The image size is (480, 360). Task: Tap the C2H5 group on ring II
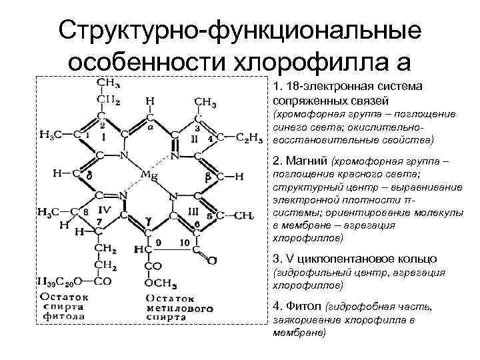[250, 138]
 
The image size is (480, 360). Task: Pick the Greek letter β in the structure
[208, 176]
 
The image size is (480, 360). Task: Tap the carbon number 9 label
[158, 241]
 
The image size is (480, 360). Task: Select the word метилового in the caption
[178, 308]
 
